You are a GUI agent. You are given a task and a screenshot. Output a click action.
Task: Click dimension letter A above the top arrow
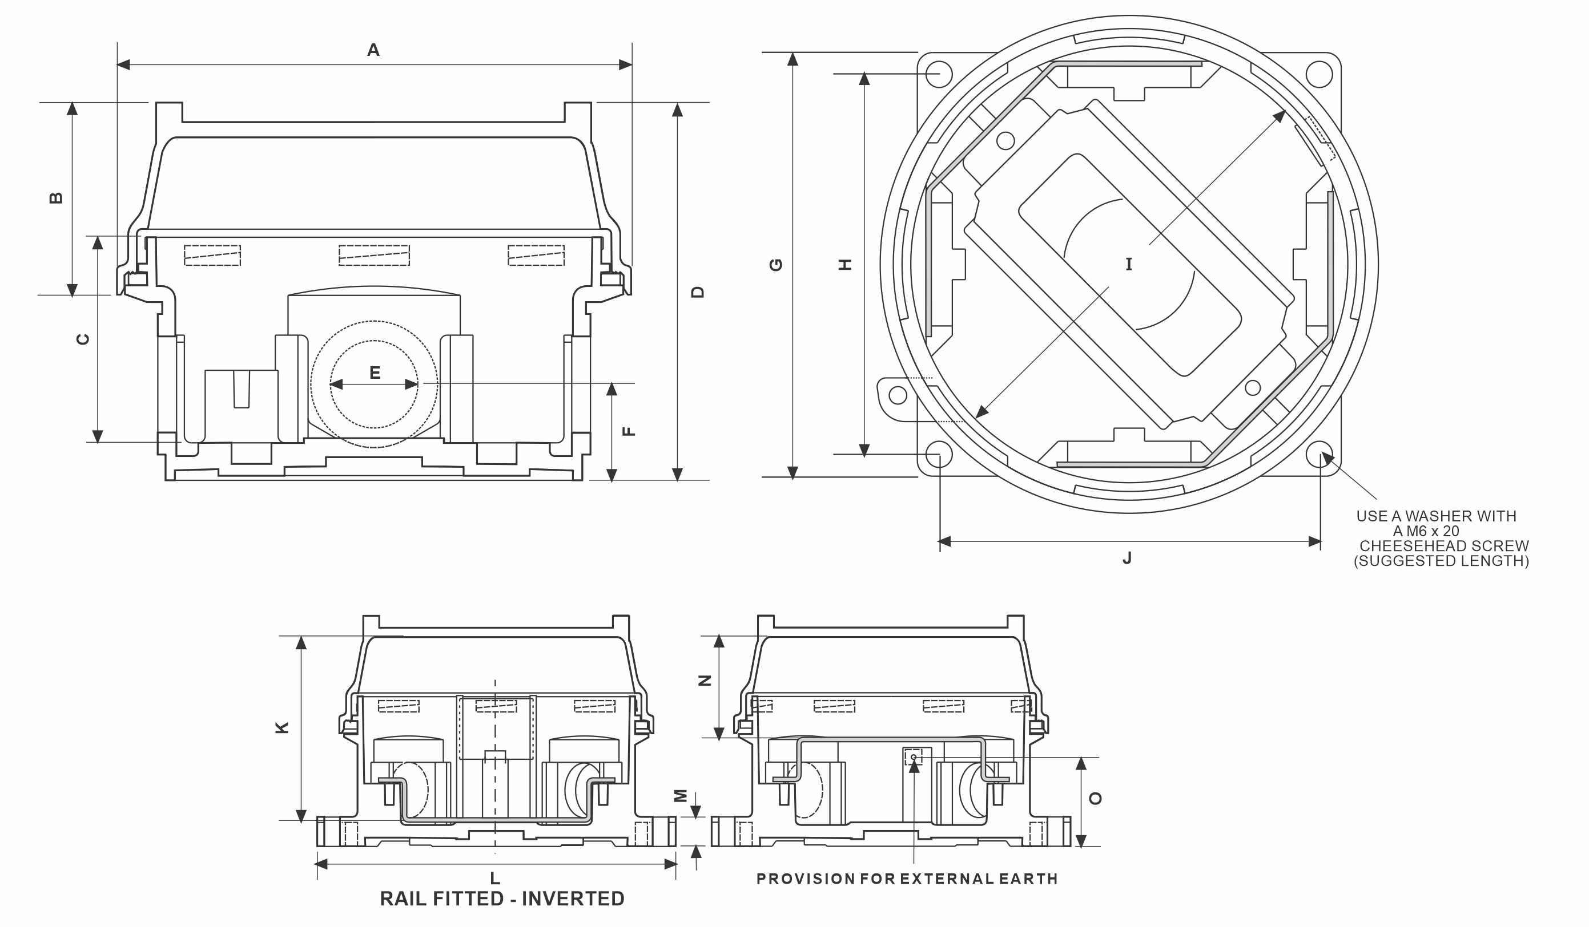[x=373, y=50]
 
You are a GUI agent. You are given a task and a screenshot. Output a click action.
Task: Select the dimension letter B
[x=56, y=198]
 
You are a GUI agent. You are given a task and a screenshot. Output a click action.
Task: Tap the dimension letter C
[x=83, y=339]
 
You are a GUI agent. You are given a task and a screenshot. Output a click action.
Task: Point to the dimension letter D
[x=697, y=292]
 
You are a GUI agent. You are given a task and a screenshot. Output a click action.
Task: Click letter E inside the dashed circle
[x=375, y=373]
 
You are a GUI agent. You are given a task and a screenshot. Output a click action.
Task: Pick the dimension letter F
[x=629, y=431]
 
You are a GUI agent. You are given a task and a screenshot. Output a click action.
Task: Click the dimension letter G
[x=776, y=265]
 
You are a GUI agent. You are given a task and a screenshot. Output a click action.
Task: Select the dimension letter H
[x=845, y=265]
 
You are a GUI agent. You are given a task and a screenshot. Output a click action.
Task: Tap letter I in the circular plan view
[x=1129, y=264]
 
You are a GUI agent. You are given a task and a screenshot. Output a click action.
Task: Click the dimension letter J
[x=1128, y=558]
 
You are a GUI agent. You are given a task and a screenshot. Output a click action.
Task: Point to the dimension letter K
[x=283, y=727]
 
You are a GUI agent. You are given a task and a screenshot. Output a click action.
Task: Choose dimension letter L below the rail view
[x=495, y=878]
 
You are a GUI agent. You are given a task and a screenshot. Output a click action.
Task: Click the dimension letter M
[x=681, y=796]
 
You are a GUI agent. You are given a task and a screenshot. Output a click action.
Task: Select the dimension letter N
[x=706, y=681]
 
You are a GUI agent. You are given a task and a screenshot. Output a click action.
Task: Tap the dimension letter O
[x=1095, y=799]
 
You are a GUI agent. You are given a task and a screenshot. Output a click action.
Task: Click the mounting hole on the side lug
[x=898, y=395]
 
